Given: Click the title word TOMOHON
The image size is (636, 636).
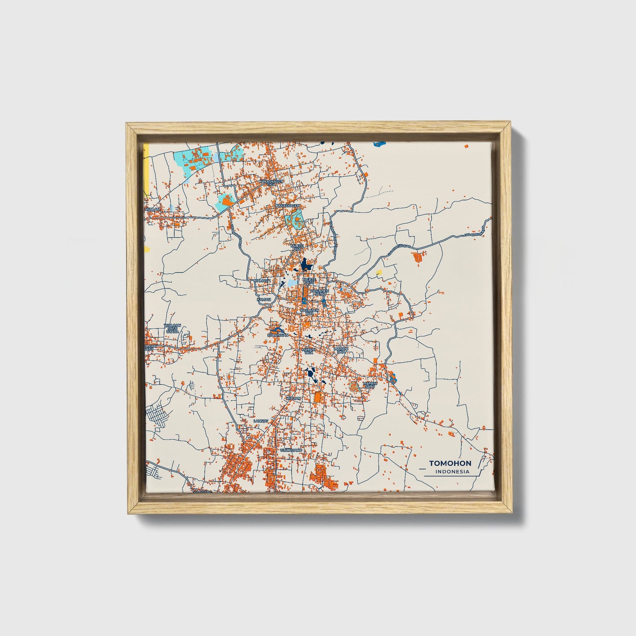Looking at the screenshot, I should click(450, 463).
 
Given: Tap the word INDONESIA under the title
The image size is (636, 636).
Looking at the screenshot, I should click(452, 472).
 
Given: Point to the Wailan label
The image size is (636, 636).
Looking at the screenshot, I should click(153, 210).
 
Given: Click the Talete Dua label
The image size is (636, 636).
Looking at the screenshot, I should click(298, 247).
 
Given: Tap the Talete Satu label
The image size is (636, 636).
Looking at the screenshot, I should click(309, 281).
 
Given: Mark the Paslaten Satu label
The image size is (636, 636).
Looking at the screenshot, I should click(320, 292).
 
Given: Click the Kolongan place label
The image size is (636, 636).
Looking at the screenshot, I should click(278, 335).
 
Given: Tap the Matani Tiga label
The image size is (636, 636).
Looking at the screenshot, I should click(308, 351).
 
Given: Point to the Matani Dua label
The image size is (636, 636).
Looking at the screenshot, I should click(341, 350).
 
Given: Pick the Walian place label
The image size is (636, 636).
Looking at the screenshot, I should click(293, 398).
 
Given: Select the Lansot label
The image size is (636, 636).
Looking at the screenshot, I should click(261, 421).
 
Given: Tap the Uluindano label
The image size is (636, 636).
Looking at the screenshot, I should click(291, 451).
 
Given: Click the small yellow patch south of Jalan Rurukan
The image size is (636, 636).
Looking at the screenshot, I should click(379, 272).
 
